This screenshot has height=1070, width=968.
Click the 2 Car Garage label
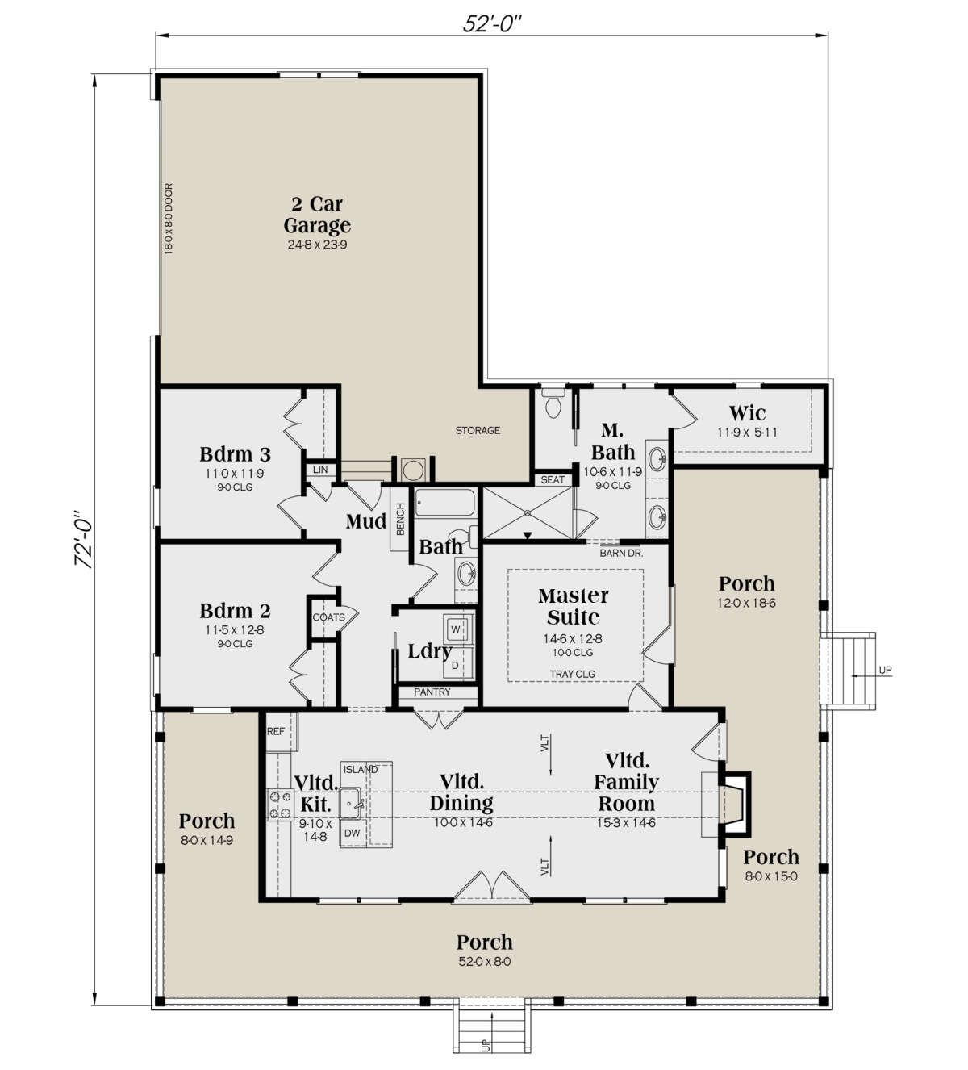pyautogui.click(x=317, y=215)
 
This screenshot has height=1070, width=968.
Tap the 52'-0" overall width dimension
pyautogui.click(x=491, y=23)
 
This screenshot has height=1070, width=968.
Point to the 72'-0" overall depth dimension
pyautogui.click(x=84, y=539)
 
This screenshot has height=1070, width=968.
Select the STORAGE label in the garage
pyautogui.click(x=478, y=430)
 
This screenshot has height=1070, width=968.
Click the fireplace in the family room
pyautogui.click(x=734, y=805)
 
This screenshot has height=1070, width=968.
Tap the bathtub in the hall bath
pyautogui.click(x=444, y=503)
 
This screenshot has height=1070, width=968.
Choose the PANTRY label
pyautogui.click(x=432, y=692)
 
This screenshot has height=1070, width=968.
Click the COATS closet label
pyautogui.click(x=328, y=617)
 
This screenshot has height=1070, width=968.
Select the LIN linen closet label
pyautogui.click(x=320, y=470)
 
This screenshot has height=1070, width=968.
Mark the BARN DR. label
pyautogui.click(x=621, y=553)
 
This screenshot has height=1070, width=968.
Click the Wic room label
pyautogui.click(x=747, y=413)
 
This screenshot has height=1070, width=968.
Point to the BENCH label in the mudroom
pyautogui.click(x=401, y=519)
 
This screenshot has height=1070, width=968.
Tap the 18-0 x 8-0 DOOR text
pyautogui.click(x=169, y=219)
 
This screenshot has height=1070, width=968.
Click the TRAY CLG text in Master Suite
pyautogui.click(x=572, y=675)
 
